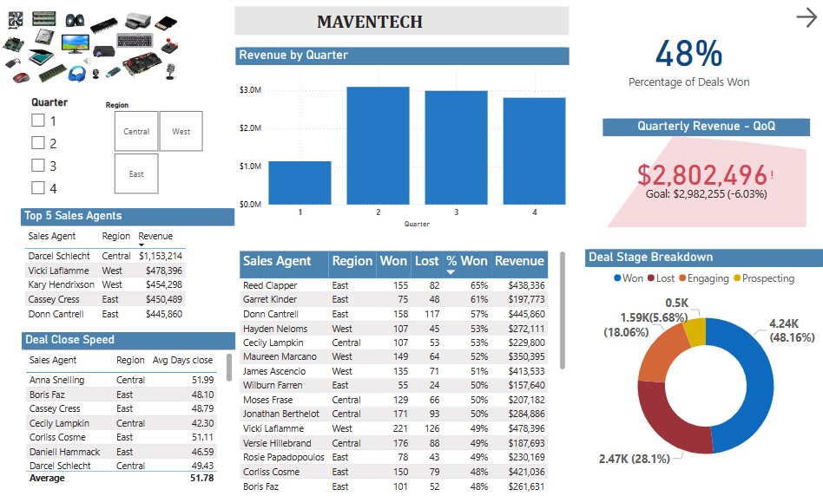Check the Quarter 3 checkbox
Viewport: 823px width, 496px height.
pos(38,166)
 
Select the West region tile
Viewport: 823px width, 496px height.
pos(181,132)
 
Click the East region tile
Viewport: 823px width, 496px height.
pos(136,173)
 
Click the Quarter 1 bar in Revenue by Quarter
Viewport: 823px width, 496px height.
pos(300,183)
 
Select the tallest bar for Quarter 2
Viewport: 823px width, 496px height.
pos(378,146)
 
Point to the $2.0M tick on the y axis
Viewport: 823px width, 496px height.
pos(250,128)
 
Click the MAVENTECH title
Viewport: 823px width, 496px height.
pos(370,22)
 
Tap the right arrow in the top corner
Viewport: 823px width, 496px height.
pos(807,17)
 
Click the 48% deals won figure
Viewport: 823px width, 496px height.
pos(688,54)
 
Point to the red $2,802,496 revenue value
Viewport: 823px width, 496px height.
pos(702,174)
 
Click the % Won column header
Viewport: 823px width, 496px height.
pos(466,261)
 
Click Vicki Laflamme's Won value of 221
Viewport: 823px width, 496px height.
pos(397,428)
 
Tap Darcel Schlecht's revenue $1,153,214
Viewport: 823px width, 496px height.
pos(161,256)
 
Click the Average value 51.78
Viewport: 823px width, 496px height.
pos(201,478)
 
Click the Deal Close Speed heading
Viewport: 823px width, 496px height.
pos(69,340)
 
